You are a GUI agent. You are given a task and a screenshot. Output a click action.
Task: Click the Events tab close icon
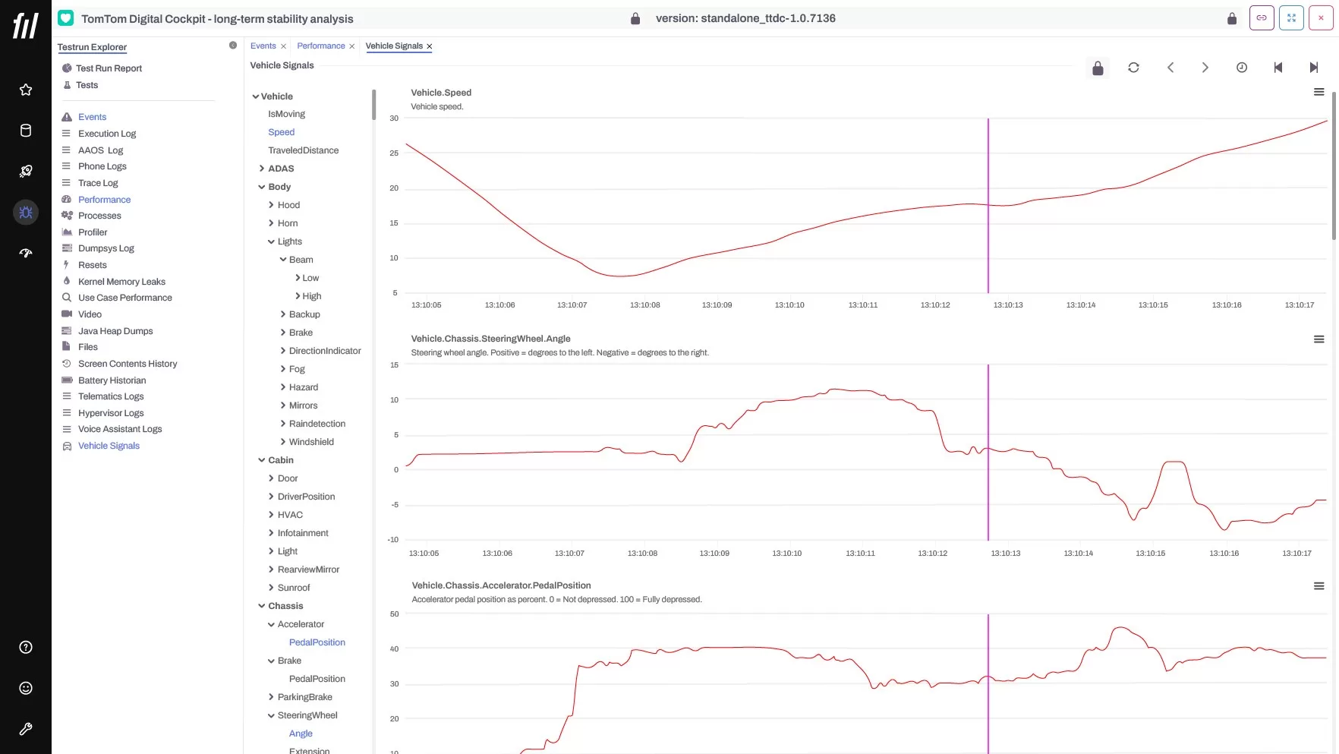[x=283, y=46]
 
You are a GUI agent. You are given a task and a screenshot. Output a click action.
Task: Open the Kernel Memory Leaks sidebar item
[x=121, y=282]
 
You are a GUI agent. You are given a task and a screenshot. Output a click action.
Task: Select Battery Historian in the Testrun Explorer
[x=112, y=380]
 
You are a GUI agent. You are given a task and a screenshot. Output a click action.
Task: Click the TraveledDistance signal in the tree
[x=303, y=150]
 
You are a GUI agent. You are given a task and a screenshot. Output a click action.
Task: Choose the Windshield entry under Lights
[x=311, y=442]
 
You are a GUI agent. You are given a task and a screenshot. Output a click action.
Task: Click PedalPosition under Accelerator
[x=317, y=642]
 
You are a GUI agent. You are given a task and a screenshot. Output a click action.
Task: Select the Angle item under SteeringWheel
[x=301, y=733]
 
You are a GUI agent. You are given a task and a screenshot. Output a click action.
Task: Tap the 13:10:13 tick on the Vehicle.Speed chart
[x=1008, y=305]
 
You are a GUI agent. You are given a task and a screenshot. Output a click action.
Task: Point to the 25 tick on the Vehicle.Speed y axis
[x=394, y=153]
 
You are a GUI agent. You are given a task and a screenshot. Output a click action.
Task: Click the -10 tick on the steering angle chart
[x=392, y=540]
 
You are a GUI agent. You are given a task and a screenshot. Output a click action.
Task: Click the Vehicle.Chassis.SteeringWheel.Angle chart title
[x=490, y=339]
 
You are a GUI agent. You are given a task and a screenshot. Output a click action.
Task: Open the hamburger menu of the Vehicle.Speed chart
[x=1319, y=92]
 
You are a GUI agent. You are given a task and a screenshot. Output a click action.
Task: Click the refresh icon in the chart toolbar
[x=1133, y=68]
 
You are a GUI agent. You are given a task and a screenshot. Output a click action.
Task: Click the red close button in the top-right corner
[x=1321, y=17]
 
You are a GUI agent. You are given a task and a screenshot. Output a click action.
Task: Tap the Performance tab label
[x=321, y=46]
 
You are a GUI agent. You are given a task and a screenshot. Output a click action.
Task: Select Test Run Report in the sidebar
[x=109, y=68]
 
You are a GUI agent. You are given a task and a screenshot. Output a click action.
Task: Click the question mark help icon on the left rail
[x=26, y=647]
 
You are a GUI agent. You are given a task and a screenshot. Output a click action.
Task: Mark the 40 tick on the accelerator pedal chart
[x=394, y=649]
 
